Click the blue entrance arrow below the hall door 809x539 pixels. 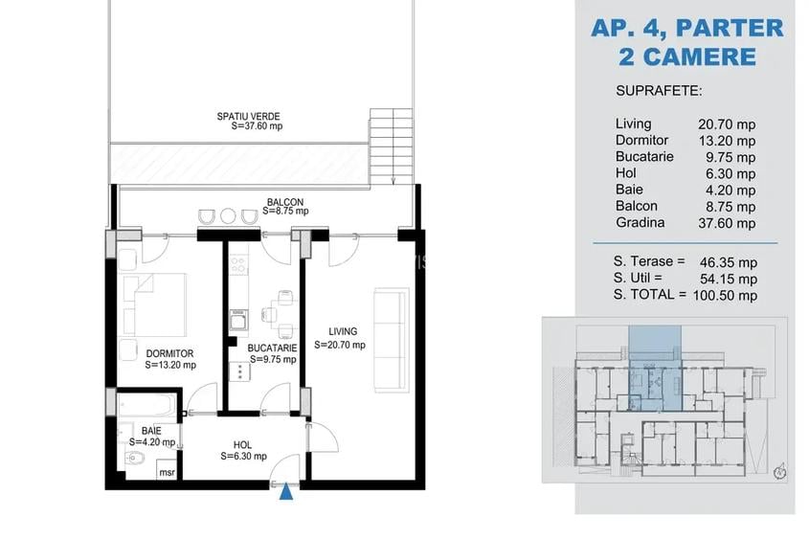pyautogui.click(x=285, y=492)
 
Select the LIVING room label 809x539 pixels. pyautogui.click(x=340, y=332)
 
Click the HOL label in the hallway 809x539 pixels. pyautogui.click(x=242, y=444)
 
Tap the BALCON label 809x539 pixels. pyautogui.click(x=285, y=202)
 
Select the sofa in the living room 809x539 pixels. pyautogui.click(x=387, y=338)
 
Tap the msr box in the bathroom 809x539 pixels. pyautogui.click(x=167, y=472)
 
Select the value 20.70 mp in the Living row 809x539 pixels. pyautogui.click(x=728, y=124)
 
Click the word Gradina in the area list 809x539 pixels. pyautogui.click(x=640, y=223)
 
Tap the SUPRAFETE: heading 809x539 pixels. pyautogui.click(x=659, y=91)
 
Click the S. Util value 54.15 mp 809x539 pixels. pyautogui.click(x=728, y=279)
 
